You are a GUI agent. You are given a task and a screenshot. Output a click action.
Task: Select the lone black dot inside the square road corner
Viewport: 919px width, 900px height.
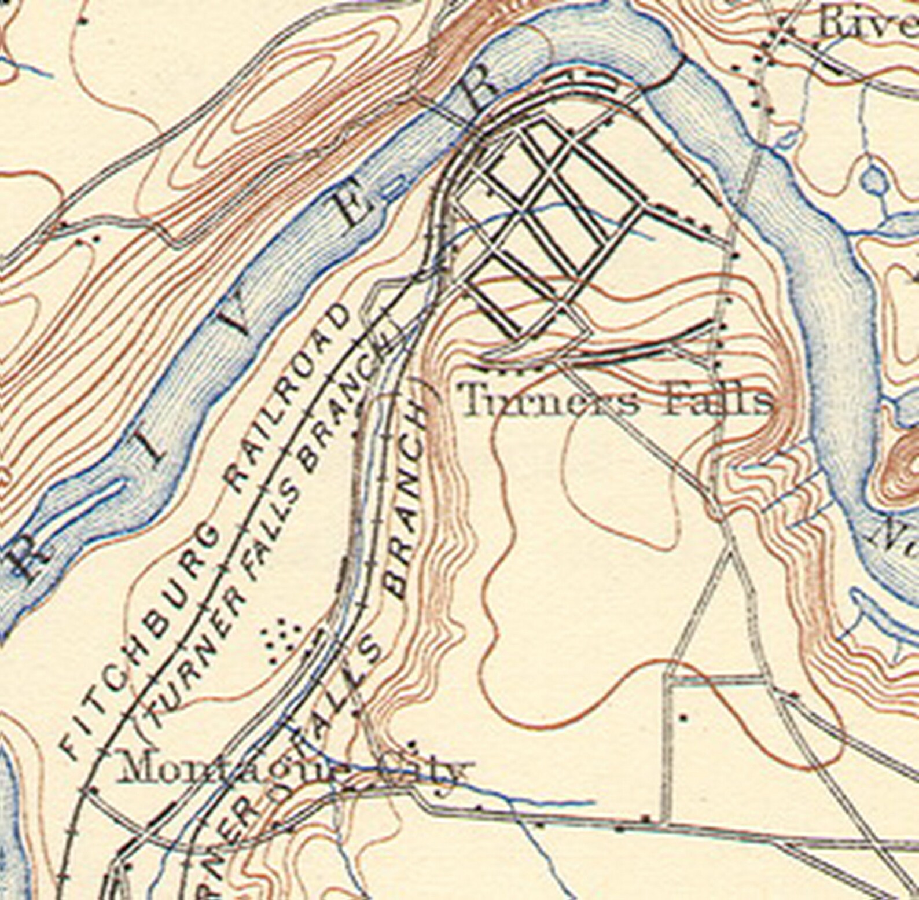[685, 718]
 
